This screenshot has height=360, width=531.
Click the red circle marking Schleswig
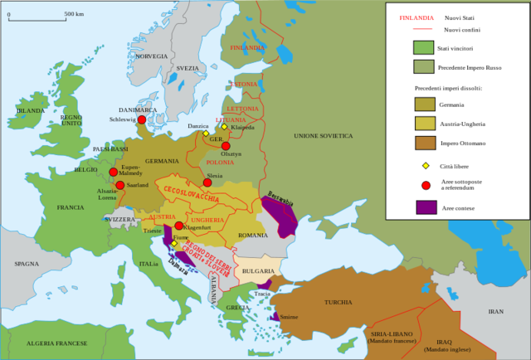[142, 119]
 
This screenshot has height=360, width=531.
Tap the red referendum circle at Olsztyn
[226, 146]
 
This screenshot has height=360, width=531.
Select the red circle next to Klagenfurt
[178, 226]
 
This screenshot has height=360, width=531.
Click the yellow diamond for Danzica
[206, 134]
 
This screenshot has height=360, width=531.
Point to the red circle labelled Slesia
[207, 182]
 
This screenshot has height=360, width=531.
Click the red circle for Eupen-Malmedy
[114, 173]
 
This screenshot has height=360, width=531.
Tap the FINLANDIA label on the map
[248, 48]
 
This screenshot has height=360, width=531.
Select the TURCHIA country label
[338, 302]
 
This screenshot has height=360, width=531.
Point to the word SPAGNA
[27, 264]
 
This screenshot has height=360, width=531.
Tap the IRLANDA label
[31, 110]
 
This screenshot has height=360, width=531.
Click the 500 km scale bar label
[74, 14]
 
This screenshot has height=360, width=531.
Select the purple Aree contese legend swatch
[426, 207]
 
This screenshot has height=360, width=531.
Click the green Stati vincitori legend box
[424, 47]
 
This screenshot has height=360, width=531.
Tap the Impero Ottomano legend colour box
[426, 143]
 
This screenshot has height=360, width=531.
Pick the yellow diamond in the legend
[426, 166]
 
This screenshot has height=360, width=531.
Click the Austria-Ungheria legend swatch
[426, 124]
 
